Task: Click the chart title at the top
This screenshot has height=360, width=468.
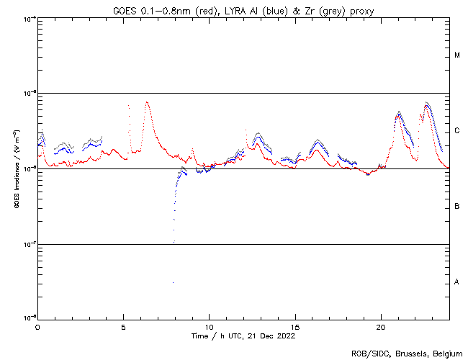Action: coord(244,10)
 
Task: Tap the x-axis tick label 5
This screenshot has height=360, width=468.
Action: coord(123,326)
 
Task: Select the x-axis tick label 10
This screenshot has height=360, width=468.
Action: coord(209,326)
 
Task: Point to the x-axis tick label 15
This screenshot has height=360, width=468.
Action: coord(294,326)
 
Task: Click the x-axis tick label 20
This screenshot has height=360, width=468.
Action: coord(380,326)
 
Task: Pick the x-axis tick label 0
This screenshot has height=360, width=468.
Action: coord(37,326)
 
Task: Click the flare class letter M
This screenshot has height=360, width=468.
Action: coord(457,55)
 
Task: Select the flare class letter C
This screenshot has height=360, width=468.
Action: coord(457,131)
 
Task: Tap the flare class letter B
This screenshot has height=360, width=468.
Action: coord(457,207)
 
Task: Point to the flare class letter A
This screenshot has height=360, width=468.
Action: coord(457,282)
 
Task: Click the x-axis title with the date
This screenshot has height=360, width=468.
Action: coord(243,336)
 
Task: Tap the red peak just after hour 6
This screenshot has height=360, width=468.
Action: coord(147,102)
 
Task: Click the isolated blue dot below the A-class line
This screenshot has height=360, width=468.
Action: coord(173,283)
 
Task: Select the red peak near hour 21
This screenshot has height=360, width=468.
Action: coord(397,115)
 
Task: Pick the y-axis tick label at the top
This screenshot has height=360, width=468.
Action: coord(28,19)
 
